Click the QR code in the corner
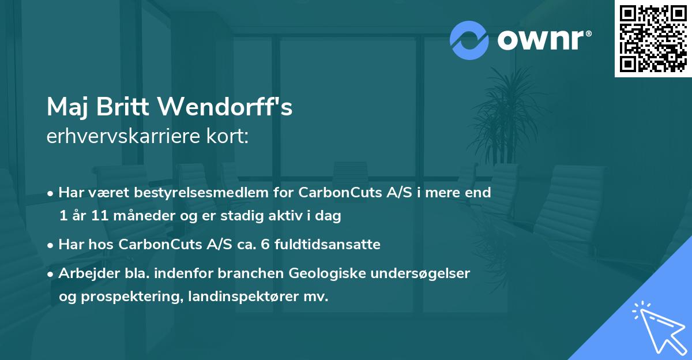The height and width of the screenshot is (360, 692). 653,38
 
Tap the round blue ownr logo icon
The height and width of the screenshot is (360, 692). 469,40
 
